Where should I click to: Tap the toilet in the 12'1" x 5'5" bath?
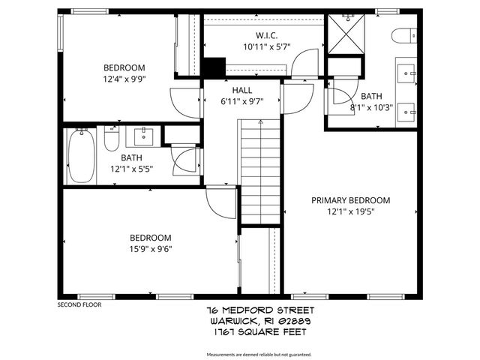[x=111, y=140]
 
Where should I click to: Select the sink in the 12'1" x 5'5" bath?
[x=142, y=136]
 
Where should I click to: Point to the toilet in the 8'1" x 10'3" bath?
[x=404, y=35]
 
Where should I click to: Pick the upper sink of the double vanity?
[x=408, y=73]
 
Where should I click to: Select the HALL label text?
[x=241, y=90]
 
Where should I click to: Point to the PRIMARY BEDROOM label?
[x=351, y=200]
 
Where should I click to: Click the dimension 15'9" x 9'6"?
[x=151, y=250]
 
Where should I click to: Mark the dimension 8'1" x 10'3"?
[x=371, y=107]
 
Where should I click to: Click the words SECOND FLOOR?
[x=79, y=304]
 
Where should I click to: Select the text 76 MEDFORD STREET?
[x=260, y=310]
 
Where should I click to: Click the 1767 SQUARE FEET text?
[x=260, y=329]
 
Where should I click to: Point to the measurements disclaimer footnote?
[x=259, y=354]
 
